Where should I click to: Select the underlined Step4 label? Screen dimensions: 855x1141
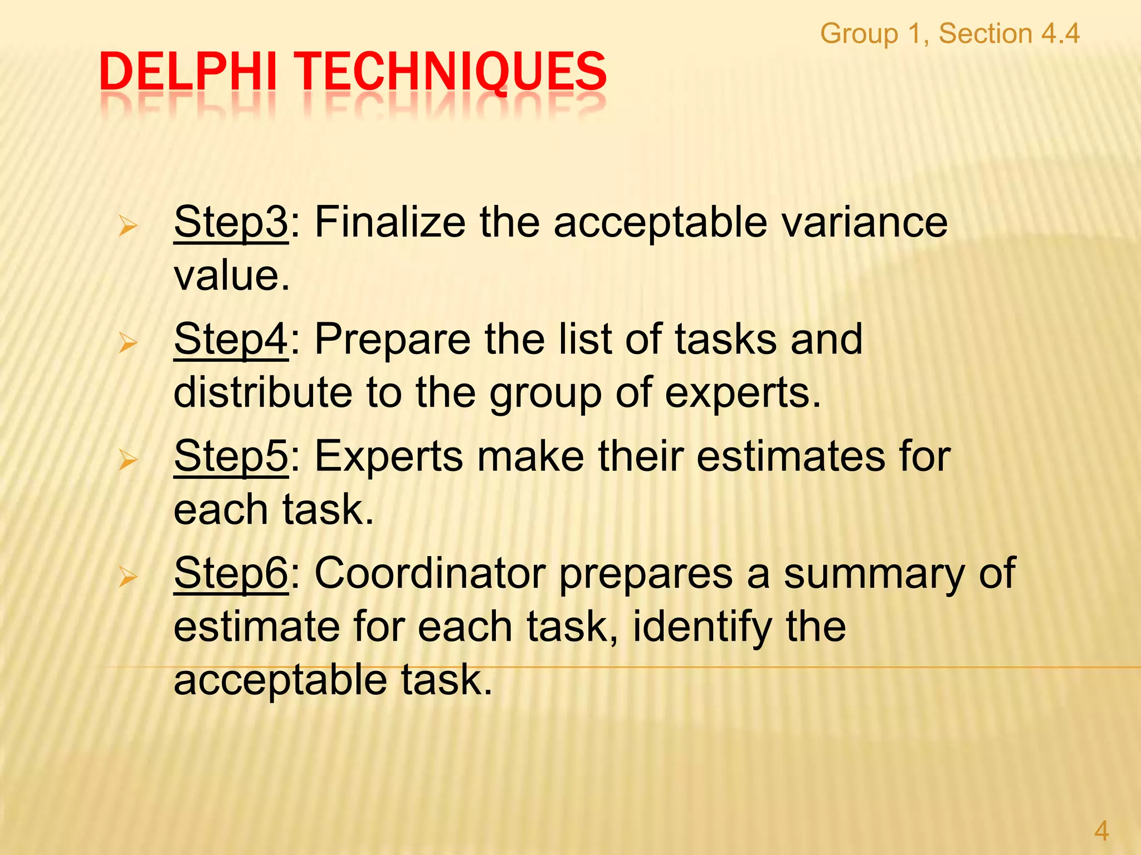[231, 340]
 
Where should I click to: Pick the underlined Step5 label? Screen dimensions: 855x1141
[231, 456]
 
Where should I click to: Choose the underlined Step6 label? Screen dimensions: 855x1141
[231, 573]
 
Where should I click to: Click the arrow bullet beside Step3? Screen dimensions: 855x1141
[128, 227]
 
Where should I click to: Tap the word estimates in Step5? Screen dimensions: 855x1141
[791, 456]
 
